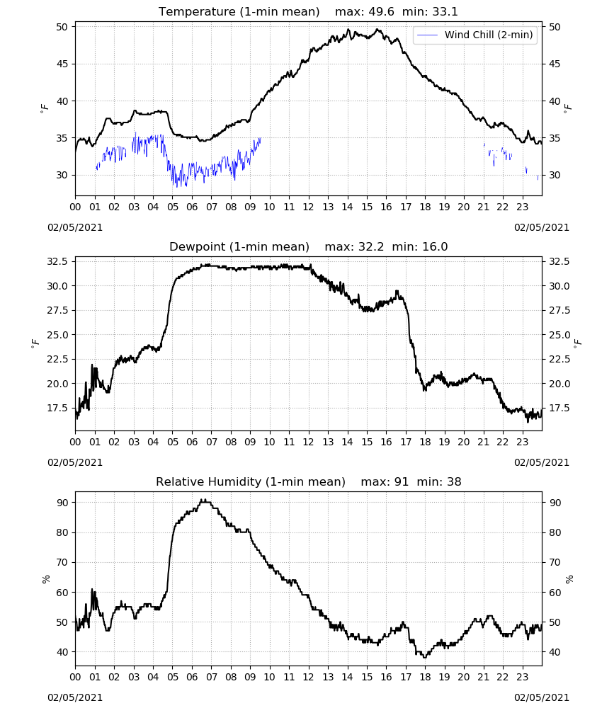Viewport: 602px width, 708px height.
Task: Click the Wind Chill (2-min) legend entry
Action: (x=475, y=35)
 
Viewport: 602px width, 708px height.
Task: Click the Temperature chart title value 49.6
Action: (x=381, y=12)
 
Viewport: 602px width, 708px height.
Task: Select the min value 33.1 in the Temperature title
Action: (x=445, y=12)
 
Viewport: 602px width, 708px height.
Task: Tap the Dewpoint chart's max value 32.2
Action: (x=371, y=247)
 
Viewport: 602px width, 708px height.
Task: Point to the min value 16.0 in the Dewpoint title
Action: (x=435, y=247)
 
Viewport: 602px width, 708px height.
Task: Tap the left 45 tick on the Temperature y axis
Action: (x=62, y=64)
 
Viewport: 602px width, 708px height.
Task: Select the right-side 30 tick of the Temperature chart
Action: (x=554, y=175)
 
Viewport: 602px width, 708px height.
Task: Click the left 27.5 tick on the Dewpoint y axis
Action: (x=59, y=311)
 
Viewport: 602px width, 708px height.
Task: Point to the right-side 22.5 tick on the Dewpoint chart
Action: (x=558, y=360)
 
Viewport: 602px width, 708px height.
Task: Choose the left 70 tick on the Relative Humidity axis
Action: (x=62, y=563)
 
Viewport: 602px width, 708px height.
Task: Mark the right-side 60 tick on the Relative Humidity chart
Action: (x=554, y=593)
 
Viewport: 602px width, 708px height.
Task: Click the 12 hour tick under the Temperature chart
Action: (x=309, y=207)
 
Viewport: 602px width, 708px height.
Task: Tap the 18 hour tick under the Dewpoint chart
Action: (x=425, y=442)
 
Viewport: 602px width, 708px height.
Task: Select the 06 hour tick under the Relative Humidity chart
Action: (x=192, y=677)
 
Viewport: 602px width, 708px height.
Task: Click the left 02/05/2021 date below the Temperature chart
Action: (x=75, y=227)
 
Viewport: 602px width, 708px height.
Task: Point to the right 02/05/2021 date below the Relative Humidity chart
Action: (x=542, y=697)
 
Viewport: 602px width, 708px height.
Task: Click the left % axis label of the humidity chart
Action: (x=45, y=579)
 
